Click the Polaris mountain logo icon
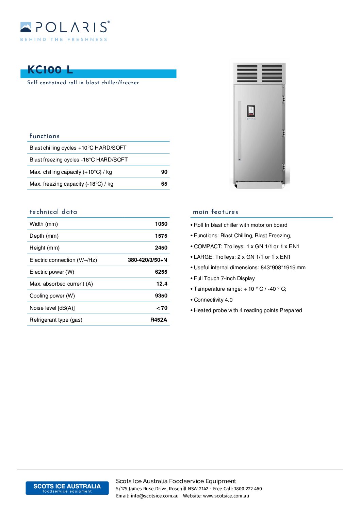coord(26,27)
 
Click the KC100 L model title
coord(50,70)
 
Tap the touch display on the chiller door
coord(251,111)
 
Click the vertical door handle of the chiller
coord(240,131)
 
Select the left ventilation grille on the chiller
coord(247,73)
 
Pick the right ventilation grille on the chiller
coord(272,73)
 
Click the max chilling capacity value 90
coord(164,172)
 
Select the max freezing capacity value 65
coord(164,184)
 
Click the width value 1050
coord(161,224)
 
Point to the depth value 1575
coord(161,236)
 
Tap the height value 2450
coord(161,248)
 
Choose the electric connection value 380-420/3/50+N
coord(147,260)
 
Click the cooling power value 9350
coord(161,296)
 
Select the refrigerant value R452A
coord(159,320)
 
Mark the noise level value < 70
coord(162,308)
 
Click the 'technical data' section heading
coord(53,212)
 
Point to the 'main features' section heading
coord(215,212)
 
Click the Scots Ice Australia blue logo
coord(67,488)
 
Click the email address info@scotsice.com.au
coord(154,496)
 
